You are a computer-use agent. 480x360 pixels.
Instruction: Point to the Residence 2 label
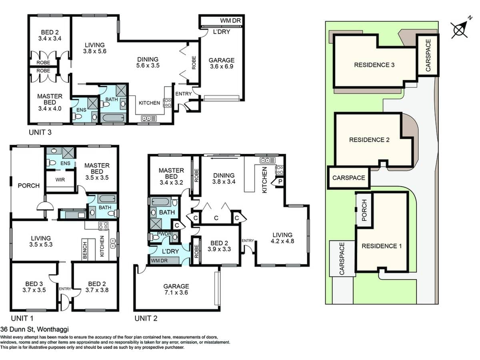coord(369,140)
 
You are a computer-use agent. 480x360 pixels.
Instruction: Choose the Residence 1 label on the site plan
coord(381,246)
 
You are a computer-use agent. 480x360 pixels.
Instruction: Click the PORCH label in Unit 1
coord(29,186)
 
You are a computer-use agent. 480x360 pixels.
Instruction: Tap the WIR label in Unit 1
coord(60,180)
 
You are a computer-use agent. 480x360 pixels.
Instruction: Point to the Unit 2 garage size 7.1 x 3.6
coord(176,292)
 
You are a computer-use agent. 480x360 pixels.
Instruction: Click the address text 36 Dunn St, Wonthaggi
coord(34,330)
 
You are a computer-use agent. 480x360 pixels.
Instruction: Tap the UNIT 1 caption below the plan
coord(22,318)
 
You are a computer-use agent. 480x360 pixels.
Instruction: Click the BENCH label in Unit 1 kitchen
coord(85,250)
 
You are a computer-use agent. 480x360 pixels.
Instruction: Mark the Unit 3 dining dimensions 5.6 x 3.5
coord(148,66)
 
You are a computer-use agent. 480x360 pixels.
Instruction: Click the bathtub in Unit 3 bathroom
coord(114,118)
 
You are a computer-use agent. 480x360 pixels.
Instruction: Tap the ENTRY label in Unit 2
coord(248,240)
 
